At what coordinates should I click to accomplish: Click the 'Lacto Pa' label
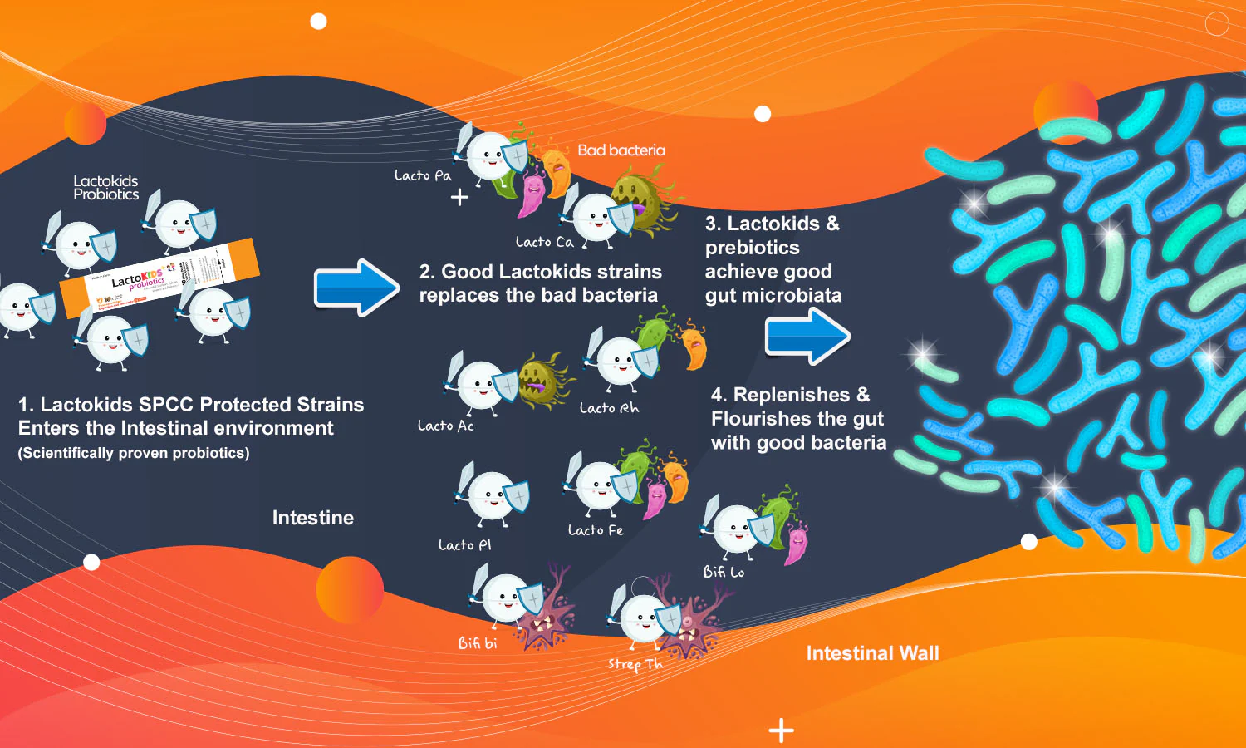pyautogui.click(x=423, y=175)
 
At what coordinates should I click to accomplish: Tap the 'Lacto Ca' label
pyautogui.click(x=544, y=242)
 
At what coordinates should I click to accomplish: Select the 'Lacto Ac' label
pyautogui.click(x=445, y=426)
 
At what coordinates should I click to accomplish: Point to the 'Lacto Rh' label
pyautogui.click(x=609, y=408)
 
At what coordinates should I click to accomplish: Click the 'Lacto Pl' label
pyautogui.click(x=464, y=545)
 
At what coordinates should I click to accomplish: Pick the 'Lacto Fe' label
pyautogui.click(x=595, y=530)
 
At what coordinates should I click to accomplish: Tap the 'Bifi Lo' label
pyautogui.click(x=724, y=572)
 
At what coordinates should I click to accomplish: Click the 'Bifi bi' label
pyautogui.click(x=478, y=643)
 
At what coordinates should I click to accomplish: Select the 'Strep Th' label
pyautogui.click(x=635, y=664)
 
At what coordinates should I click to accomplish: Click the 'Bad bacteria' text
pyautogui.click(x=621, y=150)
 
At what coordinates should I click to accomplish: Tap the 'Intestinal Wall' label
pyautogui.click(x=872, y=653)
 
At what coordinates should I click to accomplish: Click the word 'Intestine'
pyautogui.click(x=313, y=518)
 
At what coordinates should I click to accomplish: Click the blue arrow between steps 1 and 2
pyautogui.click(x=356, y=288)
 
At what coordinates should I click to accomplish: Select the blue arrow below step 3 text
pyautogui.click(x=807, y=336)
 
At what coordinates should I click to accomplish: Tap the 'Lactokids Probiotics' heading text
pyautogui.click(x=105, y=188)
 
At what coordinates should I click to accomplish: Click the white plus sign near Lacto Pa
pyautogui.click(x=459, y=198)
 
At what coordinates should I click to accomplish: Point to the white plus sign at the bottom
pyautogui.click(x=781, y=731)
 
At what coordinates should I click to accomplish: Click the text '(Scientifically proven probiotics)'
pyautogui.click(x=134, y=453)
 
